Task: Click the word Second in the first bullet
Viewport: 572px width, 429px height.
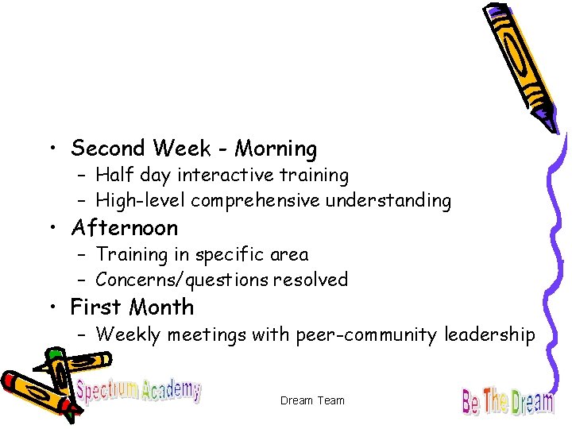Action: point(108,149)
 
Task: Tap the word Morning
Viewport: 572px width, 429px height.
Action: point(276,149)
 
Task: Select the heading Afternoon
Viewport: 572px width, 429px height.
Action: point(124,229)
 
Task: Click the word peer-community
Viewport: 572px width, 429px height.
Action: point(366,335)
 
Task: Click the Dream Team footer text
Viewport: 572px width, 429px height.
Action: point(312,400)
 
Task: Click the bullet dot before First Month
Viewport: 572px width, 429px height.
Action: point(52,308)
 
